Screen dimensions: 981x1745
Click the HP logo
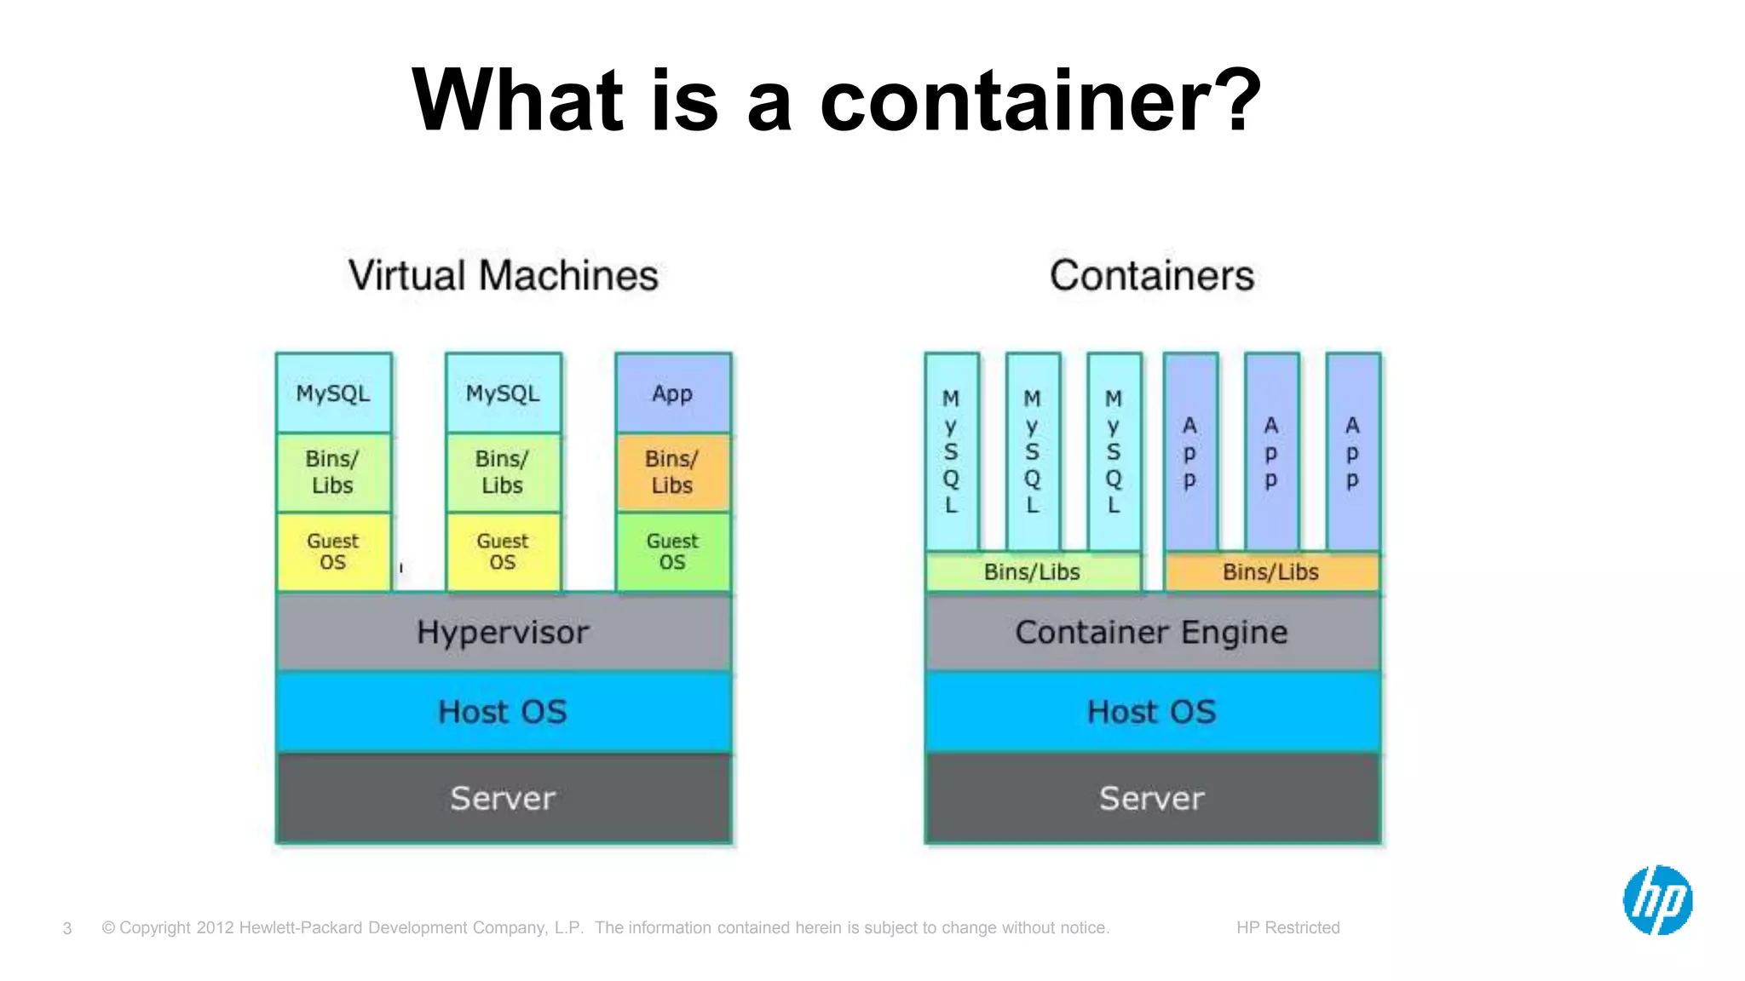[1657, 900]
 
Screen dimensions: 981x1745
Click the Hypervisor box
[503, 632]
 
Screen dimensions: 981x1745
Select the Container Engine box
[1152, 632]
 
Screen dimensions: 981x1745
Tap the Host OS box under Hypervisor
[503, 712]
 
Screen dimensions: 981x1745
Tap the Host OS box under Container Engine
[1152, 712]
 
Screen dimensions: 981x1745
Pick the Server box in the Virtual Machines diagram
[503, 799]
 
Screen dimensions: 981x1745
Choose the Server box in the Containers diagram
[1152, 799]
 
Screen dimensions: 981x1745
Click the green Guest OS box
[672, 552]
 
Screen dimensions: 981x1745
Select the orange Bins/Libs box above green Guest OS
[672, 472]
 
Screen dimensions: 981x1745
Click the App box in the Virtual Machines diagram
[672, 393]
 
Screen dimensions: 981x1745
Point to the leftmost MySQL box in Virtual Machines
[333, 393]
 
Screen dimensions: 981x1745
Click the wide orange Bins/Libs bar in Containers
[1270, 572]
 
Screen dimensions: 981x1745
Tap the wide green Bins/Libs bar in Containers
[1032, 572]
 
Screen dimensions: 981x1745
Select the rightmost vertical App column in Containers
[1352, 452]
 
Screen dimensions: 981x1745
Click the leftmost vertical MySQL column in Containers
[951, 452]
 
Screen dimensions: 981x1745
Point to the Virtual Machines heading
[503, 276]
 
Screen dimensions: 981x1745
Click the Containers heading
[1152, 276]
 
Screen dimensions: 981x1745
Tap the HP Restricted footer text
[1287, 927]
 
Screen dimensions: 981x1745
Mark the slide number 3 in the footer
[67, 928]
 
